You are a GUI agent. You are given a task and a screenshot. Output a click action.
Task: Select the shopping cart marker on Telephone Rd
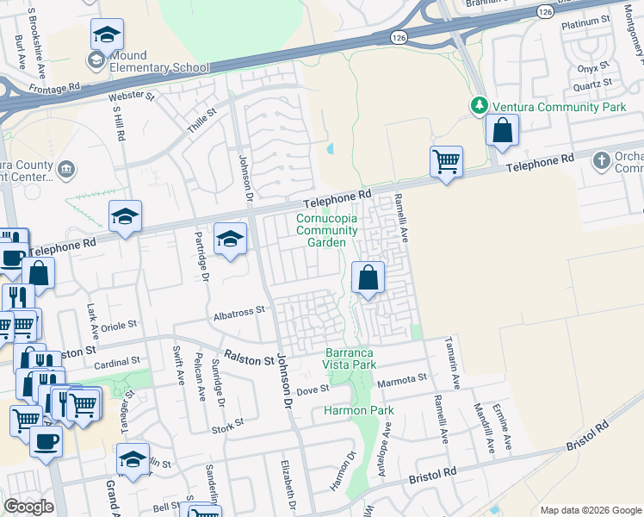pyautogui.click(x=446, y=161)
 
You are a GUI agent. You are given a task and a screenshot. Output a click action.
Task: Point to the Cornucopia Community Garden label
pyautogui.click(x=326, y=230)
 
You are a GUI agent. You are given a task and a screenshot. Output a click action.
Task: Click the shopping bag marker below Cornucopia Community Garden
pyautogui.click(x=368, y=278)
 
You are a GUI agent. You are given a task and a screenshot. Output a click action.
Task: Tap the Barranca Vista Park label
pyautogui.click(x=350, y=358)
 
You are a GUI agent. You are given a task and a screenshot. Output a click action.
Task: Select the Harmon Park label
pyautogui.click(x=358, y=410)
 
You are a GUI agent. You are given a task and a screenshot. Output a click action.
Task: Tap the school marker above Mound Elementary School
pyautogui.click(x=107, y=35)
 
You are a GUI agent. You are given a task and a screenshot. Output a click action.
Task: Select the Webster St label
pyautogui.click(x=132, y=97)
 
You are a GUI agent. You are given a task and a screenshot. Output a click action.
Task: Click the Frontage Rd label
pyautogui.click(x=53, y=87)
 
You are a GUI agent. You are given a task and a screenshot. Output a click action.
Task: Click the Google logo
pyautogui.click(x=29, y=507)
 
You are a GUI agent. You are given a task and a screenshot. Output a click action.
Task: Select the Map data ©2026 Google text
pyautogui.click(x=590, y=509)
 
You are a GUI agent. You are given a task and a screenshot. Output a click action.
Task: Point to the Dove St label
pyautogui.click(x=313, y=389)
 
